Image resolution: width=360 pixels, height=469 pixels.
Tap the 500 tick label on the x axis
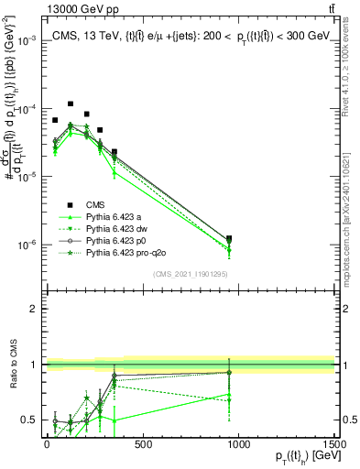tap(142, 442)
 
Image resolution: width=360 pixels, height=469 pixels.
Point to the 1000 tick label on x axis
tap(239, 442)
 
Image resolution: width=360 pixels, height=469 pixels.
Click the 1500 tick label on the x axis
tap(334, 442)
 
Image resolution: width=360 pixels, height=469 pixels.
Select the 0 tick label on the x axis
tap(46, 442)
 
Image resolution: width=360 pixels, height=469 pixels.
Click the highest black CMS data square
tap(71, 104)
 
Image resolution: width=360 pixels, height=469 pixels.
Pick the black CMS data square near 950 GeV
tap(229, 239)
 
